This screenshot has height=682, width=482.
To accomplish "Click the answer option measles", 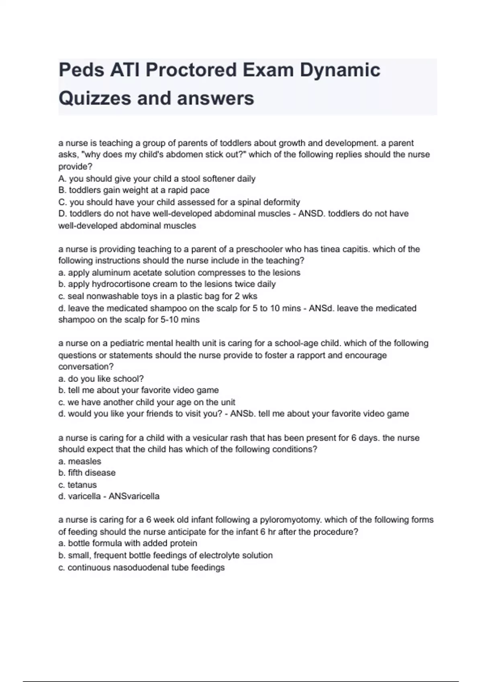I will point(84,461).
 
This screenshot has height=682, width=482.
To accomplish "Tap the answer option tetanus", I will point(82,485).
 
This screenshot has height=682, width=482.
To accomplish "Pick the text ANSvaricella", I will point(134,496).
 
